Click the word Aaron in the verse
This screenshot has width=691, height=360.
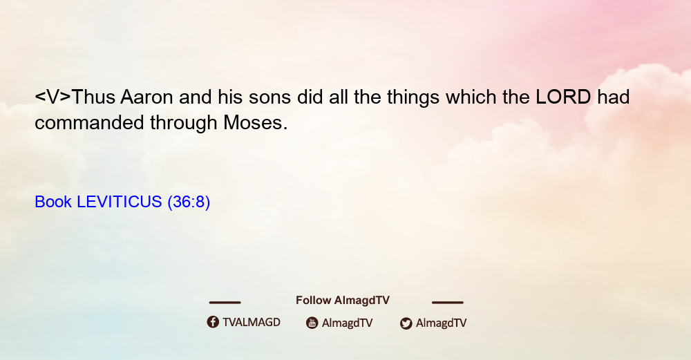(146, 97)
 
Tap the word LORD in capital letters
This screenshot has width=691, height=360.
(563, 97)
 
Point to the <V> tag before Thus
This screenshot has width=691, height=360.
(53, 97)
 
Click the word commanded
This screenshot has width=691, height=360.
(89, 122)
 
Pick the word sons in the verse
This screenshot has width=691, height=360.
(269, 97)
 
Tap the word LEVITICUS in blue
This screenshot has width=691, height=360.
(120, 202)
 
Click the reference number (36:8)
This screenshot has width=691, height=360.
(189, 202)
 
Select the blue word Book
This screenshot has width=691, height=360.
(53, 202)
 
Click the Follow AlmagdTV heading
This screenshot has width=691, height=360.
(343, 301)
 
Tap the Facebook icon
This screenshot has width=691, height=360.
(213, 322)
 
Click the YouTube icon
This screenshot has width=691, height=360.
(312, 323)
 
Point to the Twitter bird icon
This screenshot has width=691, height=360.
(406, 323)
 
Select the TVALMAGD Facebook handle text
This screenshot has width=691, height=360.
(252, 323)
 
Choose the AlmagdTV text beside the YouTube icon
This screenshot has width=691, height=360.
(348, 323)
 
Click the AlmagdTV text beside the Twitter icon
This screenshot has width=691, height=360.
(441, 323)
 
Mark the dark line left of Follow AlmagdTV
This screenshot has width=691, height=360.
(225, 302)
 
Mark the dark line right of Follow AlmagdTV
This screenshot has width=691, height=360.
(448, 302)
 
